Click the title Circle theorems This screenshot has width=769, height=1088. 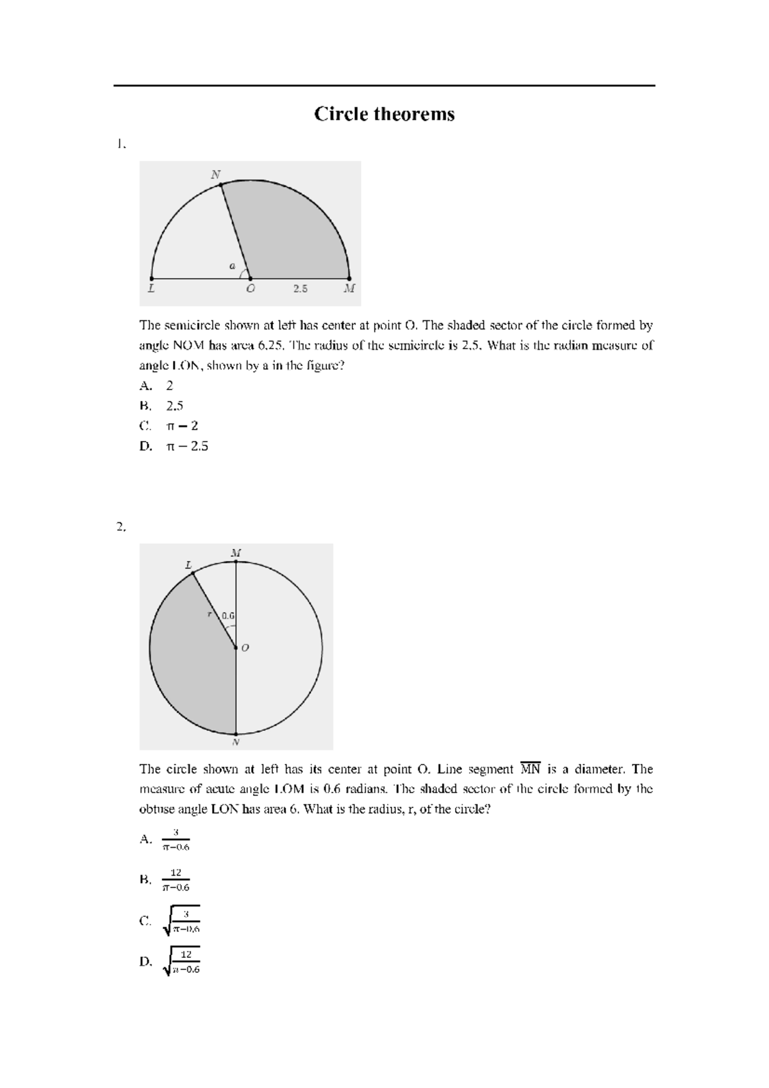click(x=384, y=114)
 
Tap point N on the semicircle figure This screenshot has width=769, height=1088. click(x=221, y=185)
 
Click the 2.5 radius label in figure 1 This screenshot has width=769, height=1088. click(x=301, y=289)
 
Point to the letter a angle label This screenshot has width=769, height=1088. click(x=233, y=265)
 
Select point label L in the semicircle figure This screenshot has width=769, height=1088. click(x=151, y=289)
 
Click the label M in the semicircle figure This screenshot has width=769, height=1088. click(x=349, y=289)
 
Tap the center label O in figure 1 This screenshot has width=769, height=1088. click(x=251, y=289)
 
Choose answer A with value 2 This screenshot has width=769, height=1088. click(x=169, y=386)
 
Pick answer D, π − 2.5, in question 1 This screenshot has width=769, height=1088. click(x=186, y=446)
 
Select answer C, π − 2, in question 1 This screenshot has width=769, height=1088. click(x=181, y=426)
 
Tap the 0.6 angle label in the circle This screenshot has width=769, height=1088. click(x=228, y=616)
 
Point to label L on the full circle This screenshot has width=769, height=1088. click(x=188, y=565)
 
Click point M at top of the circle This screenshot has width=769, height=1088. click(x=236, y=561)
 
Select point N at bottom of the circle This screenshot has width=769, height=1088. click(x=236, y=734)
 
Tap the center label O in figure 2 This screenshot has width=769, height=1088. click(x=245, y=648)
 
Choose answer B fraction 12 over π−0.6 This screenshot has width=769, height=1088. click(x=176, y=880)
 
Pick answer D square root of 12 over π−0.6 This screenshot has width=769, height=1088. click(x=182, y=962)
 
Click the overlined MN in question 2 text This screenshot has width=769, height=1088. click(x=531, y=769)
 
